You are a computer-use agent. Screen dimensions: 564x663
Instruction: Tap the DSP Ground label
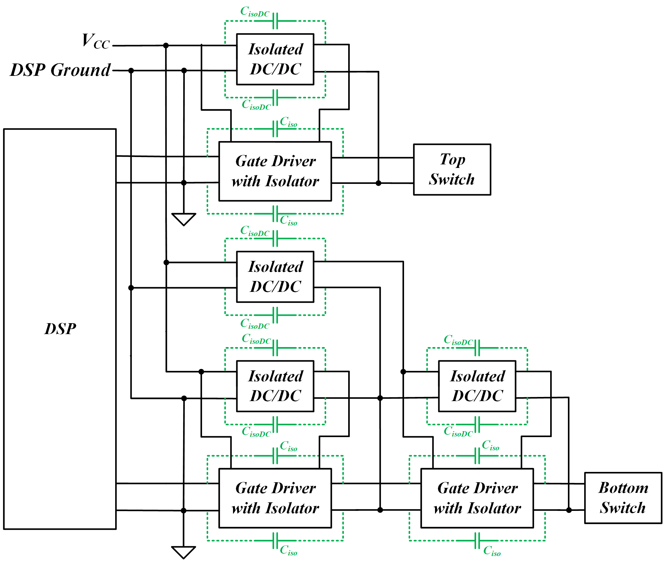click(x=60, y=70)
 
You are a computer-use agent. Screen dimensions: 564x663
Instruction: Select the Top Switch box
click(x=452, y=169)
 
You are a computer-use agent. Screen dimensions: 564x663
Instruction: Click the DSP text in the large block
click(x=60, y=329)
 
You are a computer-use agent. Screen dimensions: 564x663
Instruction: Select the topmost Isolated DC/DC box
click(x=275, y=59)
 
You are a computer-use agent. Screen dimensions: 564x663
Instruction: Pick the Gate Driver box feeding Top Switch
click(x=275, y=171)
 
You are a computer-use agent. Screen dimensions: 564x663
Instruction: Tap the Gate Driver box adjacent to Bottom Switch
click(x=477, y=498)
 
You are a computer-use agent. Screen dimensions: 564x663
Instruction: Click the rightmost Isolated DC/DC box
click(x=477, y=386)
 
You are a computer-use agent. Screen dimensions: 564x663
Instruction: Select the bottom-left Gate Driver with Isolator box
click(x=275, y=498)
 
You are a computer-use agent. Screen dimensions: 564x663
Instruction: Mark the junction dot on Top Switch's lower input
click(x=379, y=183)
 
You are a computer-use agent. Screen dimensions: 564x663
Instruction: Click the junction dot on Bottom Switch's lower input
click(x=569, y=510)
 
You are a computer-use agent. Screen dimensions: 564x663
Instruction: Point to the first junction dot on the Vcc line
click(x=166, y=45)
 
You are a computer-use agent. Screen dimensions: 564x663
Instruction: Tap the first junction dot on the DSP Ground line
click(x=131, y=70)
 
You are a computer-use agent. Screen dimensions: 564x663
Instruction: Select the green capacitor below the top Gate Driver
click(x=275, y=214)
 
